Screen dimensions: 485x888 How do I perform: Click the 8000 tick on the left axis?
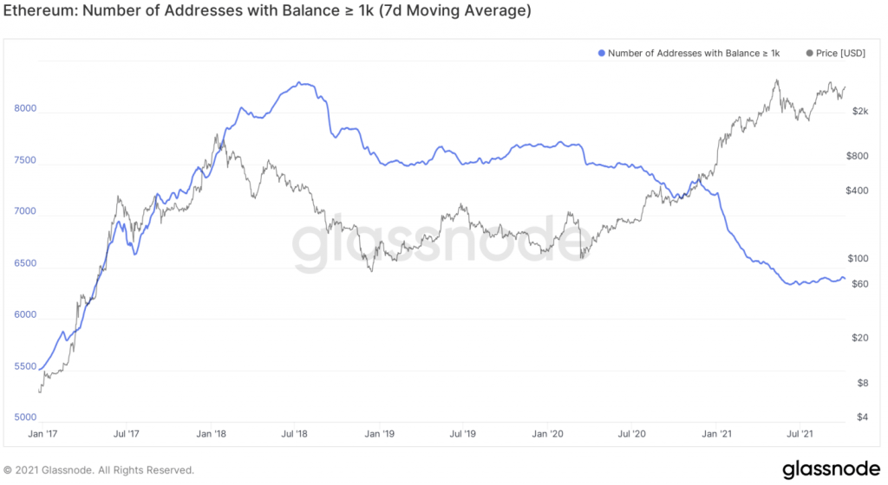tap(25, 109)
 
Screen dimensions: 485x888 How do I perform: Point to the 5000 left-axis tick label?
tap(25, 417)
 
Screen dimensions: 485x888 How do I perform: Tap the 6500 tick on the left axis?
tap(25, 263)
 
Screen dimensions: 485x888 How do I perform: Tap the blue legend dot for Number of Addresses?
tap(602, 54)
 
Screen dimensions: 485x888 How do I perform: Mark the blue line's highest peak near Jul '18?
tap(298, 83)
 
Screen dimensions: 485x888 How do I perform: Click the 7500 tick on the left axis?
tap(25, 160)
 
